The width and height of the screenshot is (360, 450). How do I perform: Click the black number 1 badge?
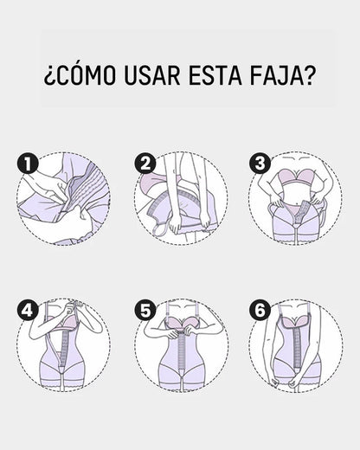[x=27, y=162]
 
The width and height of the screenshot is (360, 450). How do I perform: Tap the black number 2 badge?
[x=145, y=162]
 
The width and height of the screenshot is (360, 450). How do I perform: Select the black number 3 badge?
[x=259, y=162]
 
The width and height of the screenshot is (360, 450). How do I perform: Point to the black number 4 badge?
[x=27, y=308]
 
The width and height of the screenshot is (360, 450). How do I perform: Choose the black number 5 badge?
[x=145, y=308]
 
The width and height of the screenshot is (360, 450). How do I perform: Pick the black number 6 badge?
[x=259, y=308]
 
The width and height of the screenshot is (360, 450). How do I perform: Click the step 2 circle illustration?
[x=181, y=199]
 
